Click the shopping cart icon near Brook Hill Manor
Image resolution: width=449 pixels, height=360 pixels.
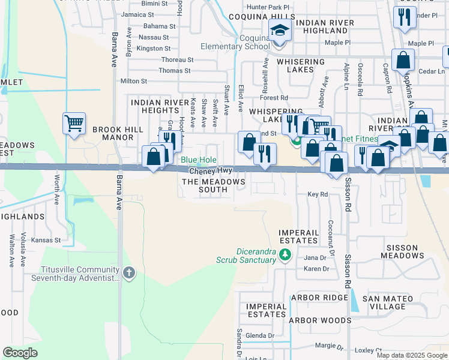[74, 124]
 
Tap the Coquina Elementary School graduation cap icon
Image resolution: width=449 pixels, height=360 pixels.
[280, 29]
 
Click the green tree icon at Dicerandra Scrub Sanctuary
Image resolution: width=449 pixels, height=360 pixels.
[285, 256]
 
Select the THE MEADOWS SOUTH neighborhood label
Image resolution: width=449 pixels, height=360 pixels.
[213, 185]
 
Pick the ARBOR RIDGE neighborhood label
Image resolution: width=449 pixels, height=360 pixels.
[319, 298]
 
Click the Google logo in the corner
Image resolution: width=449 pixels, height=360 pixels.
[20, 352]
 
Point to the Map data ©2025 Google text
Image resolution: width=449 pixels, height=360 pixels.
[412, 355]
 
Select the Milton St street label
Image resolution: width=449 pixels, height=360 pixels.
[134, 81]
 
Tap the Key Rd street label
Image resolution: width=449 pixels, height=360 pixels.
[318, 194]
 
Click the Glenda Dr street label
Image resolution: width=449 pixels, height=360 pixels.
[260, 335]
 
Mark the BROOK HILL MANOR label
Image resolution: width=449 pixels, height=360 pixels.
[112, 133]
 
